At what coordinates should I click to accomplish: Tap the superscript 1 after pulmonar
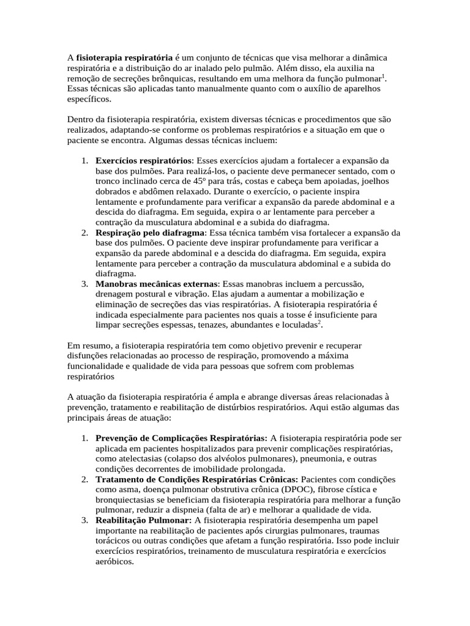pos(383,75)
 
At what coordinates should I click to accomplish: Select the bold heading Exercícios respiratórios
pos(143,160)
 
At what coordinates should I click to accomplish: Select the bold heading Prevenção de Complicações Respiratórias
pos(181,438)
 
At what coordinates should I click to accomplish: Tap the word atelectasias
pos(136,458)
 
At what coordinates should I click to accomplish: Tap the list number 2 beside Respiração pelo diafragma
pos(84,233)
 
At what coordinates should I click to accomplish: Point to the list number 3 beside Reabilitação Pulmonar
pos(84,520)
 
